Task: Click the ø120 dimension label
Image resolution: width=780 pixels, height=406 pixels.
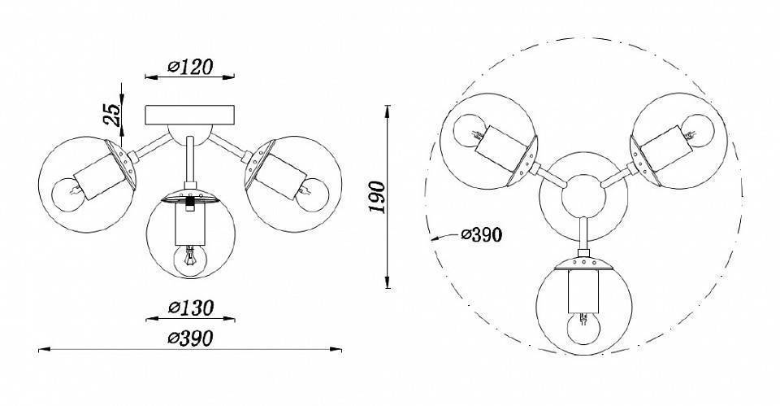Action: coord(190,67)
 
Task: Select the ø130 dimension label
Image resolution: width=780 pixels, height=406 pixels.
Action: coord(190,308)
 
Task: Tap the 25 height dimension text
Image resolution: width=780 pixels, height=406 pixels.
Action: coord(112,114)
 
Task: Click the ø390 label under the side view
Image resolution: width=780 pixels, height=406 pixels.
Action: coord(190,338)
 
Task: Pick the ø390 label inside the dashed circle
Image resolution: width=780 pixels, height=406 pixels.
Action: coord(482,234)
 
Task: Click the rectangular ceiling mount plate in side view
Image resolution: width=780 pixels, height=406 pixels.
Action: coord(189,115)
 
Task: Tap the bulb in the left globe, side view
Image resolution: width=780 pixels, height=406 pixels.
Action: coord(67,194)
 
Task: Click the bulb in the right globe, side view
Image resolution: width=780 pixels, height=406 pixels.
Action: coord(312,194)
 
